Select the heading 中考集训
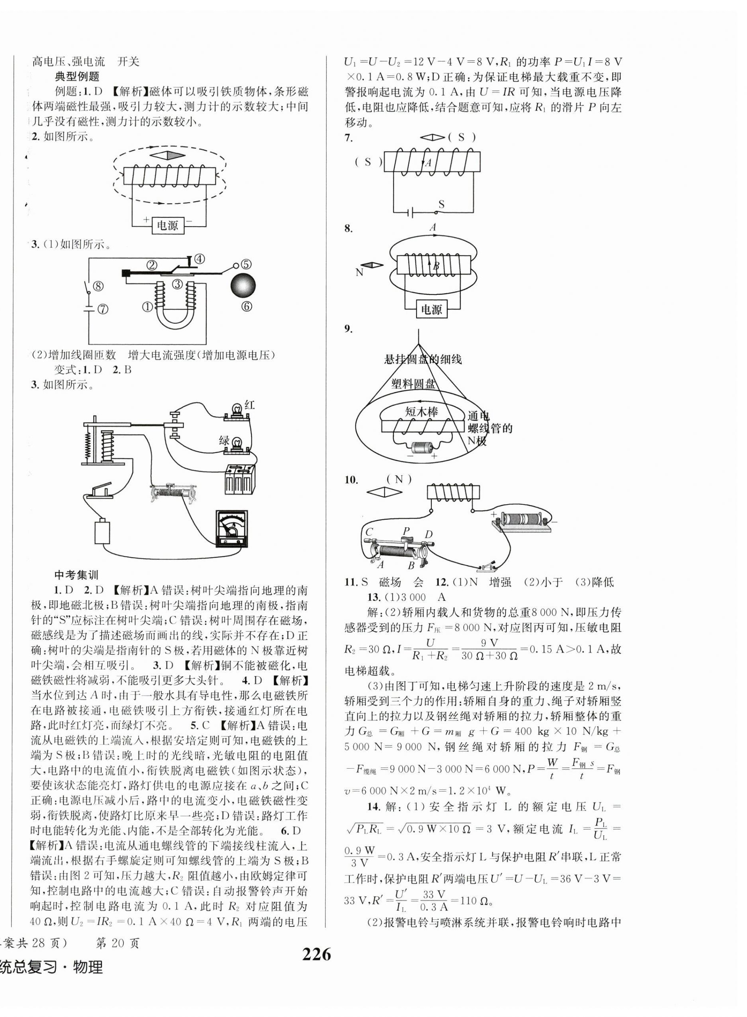(76, 575)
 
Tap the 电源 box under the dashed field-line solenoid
(168, 225)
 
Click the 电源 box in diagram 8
(431, 310)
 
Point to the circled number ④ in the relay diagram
(199, 259)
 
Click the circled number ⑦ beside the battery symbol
(104, 309)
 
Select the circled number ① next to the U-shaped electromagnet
(147, 307)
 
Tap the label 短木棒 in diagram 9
(422, 411)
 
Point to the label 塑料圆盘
(414, 384)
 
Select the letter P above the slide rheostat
(406, 531)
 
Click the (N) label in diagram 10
(398, 479)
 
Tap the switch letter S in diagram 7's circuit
(441, 204)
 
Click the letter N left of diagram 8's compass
(359, 273)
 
